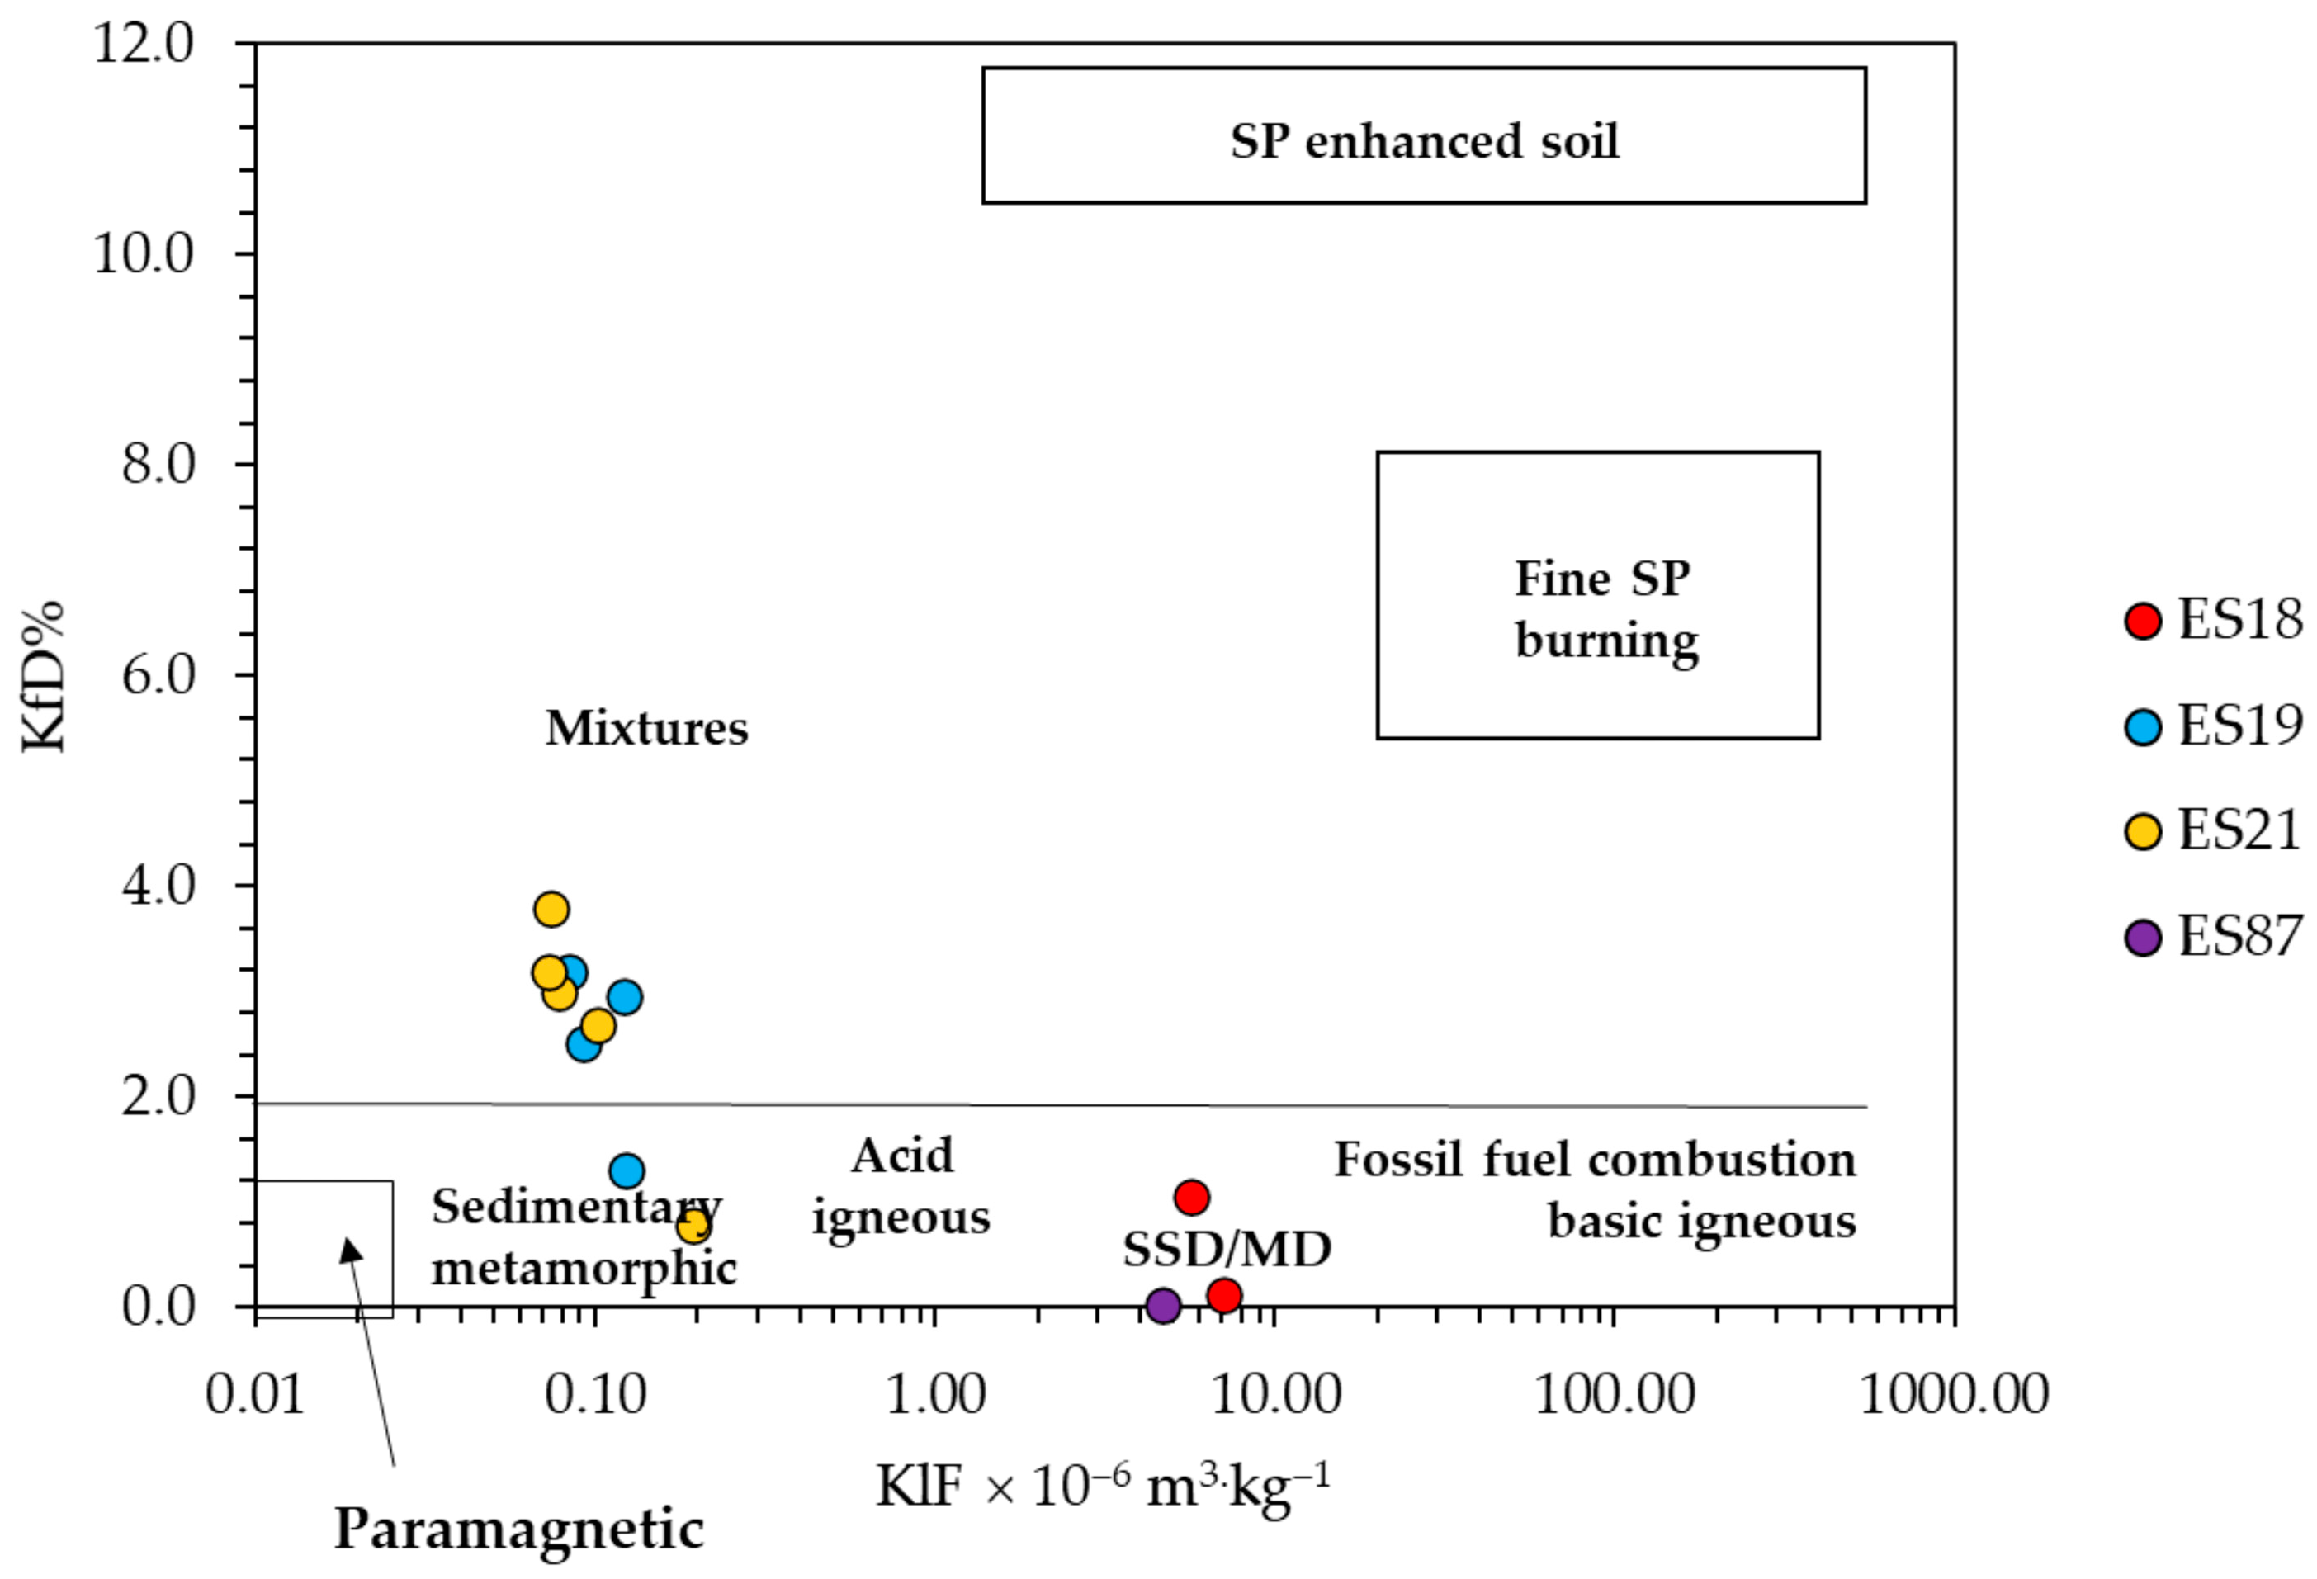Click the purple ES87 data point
[1162, 1305]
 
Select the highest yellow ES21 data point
[551, 909]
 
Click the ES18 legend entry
[2213, 620]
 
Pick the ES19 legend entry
[2213, 726]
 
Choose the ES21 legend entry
[2213, 831]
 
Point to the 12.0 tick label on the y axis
[144, 45]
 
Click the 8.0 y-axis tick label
[158, 465]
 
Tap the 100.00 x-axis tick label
[1614, 1393]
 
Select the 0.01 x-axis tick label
[255, 1393]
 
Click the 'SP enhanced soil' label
[1424, 140]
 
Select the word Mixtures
[646, 728]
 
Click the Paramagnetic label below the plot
[518, 1528]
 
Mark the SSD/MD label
[1227, 1249]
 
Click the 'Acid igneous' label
[901, 1186]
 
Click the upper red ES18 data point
[1191, 1197]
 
